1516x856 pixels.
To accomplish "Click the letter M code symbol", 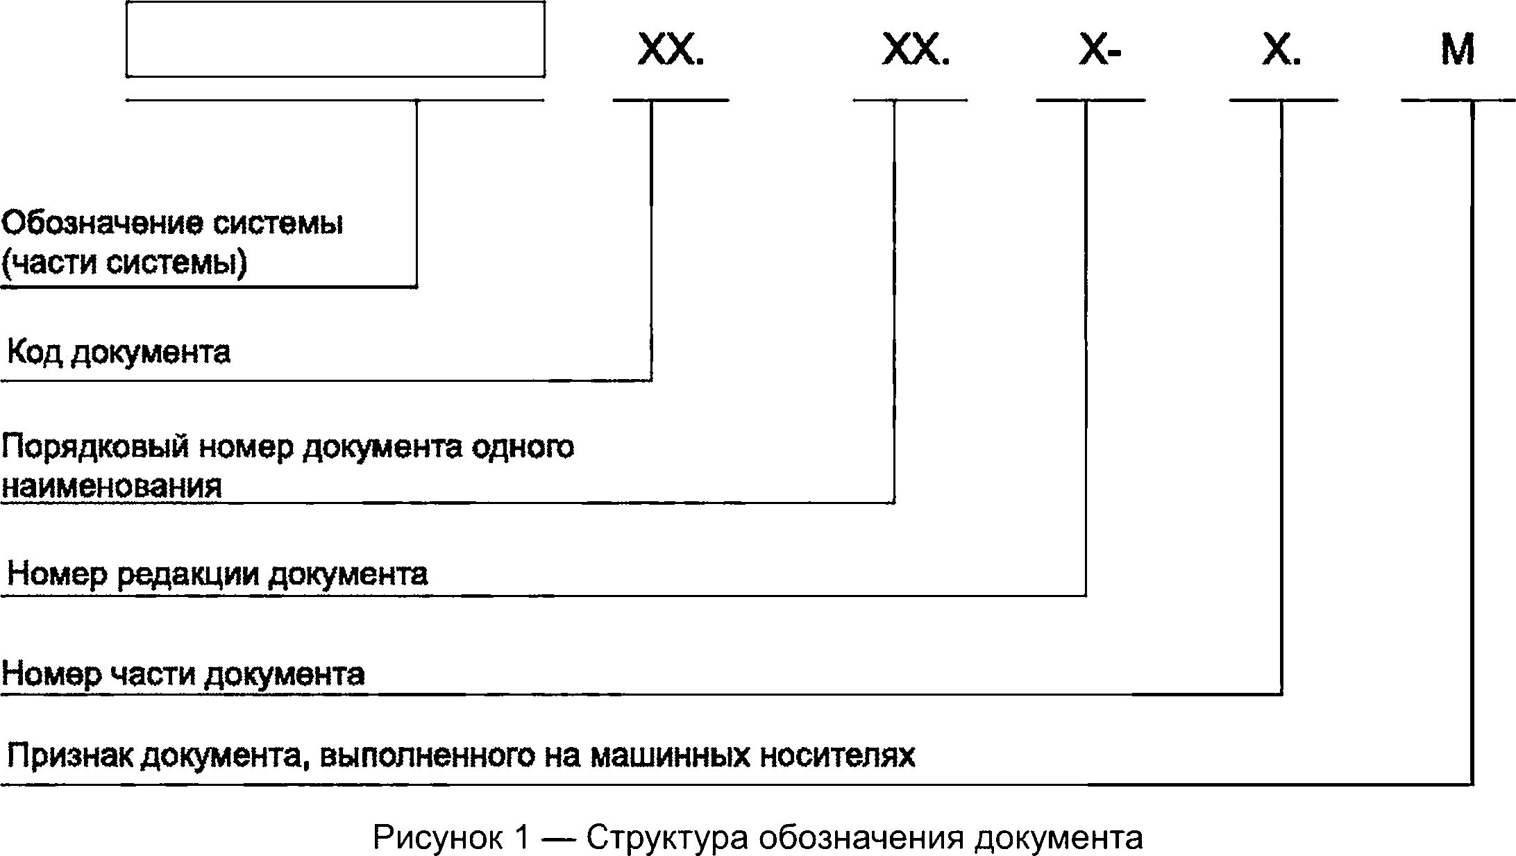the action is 1458,50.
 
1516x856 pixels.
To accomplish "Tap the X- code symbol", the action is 1100,50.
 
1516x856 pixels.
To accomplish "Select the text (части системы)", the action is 124,264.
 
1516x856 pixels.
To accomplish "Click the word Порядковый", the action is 95,448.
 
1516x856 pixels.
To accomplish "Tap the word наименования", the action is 112,486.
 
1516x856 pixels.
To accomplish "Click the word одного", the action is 523,448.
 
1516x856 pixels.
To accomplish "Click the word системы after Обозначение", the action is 277,224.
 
